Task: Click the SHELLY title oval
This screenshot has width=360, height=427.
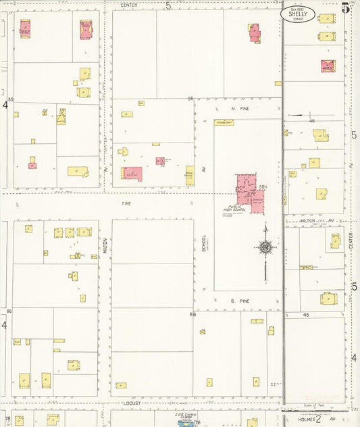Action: point(301,15)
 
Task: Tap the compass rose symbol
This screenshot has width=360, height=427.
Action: point(265,247)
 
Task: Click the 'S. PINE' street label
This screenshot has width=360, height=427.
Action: point(240,300)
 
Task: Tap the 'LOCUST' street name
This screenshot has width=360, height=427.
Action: point(132,403)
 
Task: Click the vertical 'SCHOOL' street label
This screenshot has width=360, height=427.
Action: point(203,247)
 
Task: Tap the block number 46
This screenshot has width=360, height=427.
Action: point(312,121)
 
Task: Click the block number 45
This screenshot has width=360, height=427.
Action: point(306,316)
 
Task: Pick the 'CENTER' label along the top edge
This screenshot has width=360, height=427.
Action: point(129,5)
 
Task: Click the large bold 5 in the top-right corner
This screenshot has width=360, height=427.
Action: point(346,8)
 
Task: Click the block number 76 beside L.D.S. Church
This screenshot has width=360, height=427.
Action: point(197,423)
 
